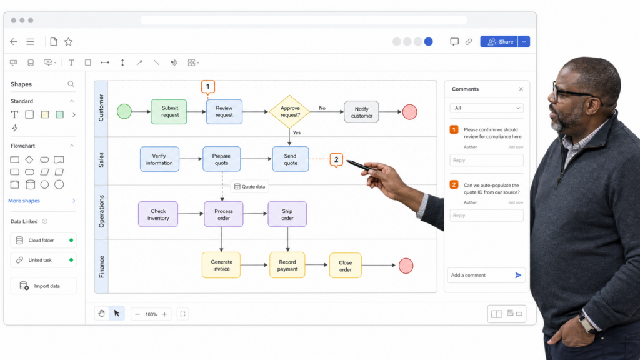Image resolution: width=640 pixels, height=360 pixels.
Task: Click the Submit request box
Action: pos(169,111)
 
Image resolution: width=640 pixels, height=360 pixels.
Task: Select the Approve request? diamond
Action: pos(289,111)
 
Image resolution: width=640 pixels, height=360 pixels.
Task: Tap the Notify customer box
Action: pos(361,112)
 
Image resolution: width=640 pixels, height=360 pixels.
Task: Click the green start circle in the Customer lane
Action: pos(124,111)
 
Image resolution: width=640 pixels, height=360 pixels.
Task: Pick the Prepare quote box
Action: pos(222,159)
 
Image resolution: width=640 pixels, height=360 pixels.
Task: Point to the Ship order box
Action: pos(287,214)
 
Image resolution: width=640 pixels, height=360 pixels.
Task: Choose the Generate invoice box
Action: pos(221,265)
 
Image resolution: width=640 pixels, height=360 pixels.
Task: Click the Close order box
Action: pos(345,266)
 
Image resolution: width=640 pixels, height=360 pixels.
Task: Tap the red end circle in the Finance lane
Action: pos(406,266)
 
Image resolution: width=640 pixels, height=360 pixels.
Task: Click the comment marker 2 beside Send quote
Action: pos(336,159)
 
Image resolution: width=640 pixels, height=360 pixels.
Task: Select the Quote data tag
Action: pos(249,186)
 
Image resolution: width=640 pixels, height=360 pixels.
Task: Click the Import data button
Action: pos(43,286)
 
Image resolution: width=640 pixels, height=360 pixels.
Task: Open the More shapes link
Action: pos(24,201)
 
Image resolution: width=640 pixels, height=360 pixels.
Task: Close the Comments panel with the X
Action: pos(521,89)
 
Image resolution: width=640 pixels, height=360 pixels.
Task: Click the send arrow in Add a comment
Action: pos(518,276)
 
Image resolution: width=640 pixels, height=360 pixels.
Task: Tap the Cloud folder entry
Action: pos(43,241)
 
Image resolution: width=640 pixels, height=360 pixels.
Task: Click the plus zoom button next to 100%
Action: pos(164,314)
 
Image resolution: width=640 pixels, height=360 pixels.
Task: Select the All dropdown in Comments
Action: pos(486,108)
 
